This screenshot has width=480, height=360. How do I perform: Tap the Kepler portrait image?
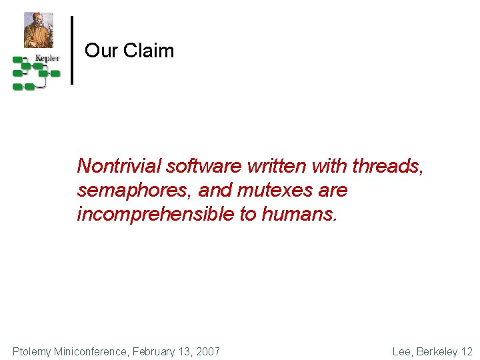(38, 30)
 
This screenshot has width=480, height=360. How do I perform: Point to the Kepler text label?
(47, 58)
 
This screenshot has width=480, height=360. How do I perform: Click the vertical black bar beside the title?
(72, 50)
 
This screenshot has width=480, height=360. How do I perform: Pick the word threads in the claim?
(387, 165)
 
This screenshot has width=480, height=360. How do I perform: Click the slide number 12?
(466, 351)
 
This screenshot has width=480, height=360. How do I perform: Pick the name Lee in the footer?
(402, 351)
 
